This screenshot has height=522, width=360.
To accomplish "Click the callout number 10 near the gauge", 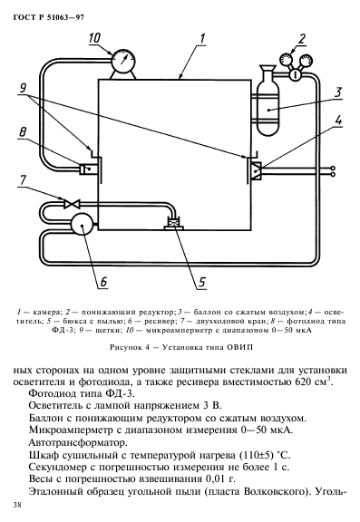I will [x=96, y=39].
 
